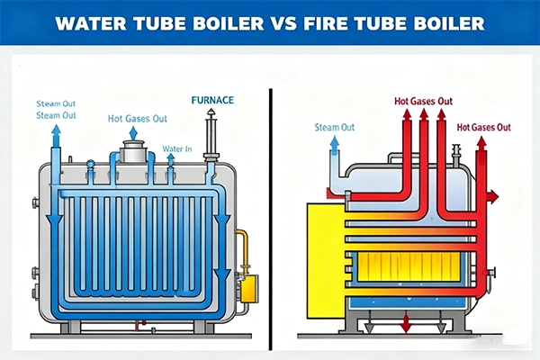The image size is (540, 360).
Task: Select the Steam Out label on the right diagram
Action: (334, 128)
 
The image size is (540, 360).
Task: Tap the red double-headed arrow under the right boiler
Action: (405, 323)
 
